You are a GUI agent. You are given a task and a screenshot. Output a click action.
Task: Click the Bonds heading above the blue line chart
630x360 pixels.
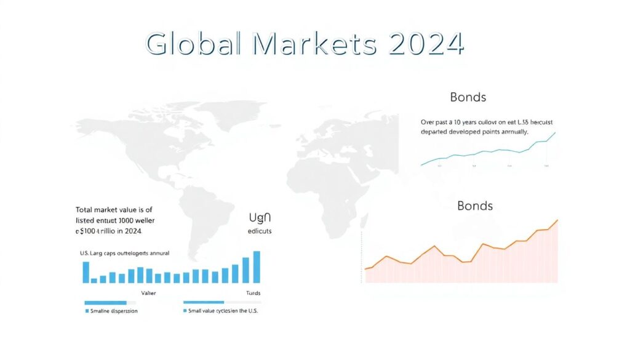(468, 97)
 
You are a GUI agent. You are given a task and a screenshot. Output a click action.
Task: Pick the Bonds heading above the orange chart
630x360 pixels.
(475, 206)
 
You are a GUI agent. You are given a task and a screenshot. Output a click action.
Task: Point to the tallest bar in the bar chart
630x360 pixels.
(257, 267)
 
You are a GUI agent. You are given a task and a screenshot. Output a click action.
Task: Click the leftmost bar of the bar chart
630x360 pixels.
(86, 272)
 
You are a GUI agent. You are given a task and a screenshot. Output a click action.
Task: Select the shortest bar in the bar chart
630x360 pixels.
(94, 280)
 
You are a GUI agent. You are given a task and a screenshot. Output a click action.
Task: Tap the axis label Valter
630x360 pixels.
(148, 293)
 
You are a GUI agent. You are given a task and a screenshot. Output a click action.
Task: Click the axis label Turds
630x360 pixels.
(253, 293)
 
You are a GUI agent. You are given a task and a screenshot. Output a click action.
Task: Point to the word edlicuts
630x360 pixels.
(260, 231)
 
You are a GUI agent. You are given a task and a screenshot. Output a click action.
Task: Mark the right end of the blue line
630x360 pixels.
(555, 132)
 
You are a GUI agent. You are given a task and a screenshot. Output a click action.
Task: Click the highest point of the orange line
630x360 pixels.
(557, 220)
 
